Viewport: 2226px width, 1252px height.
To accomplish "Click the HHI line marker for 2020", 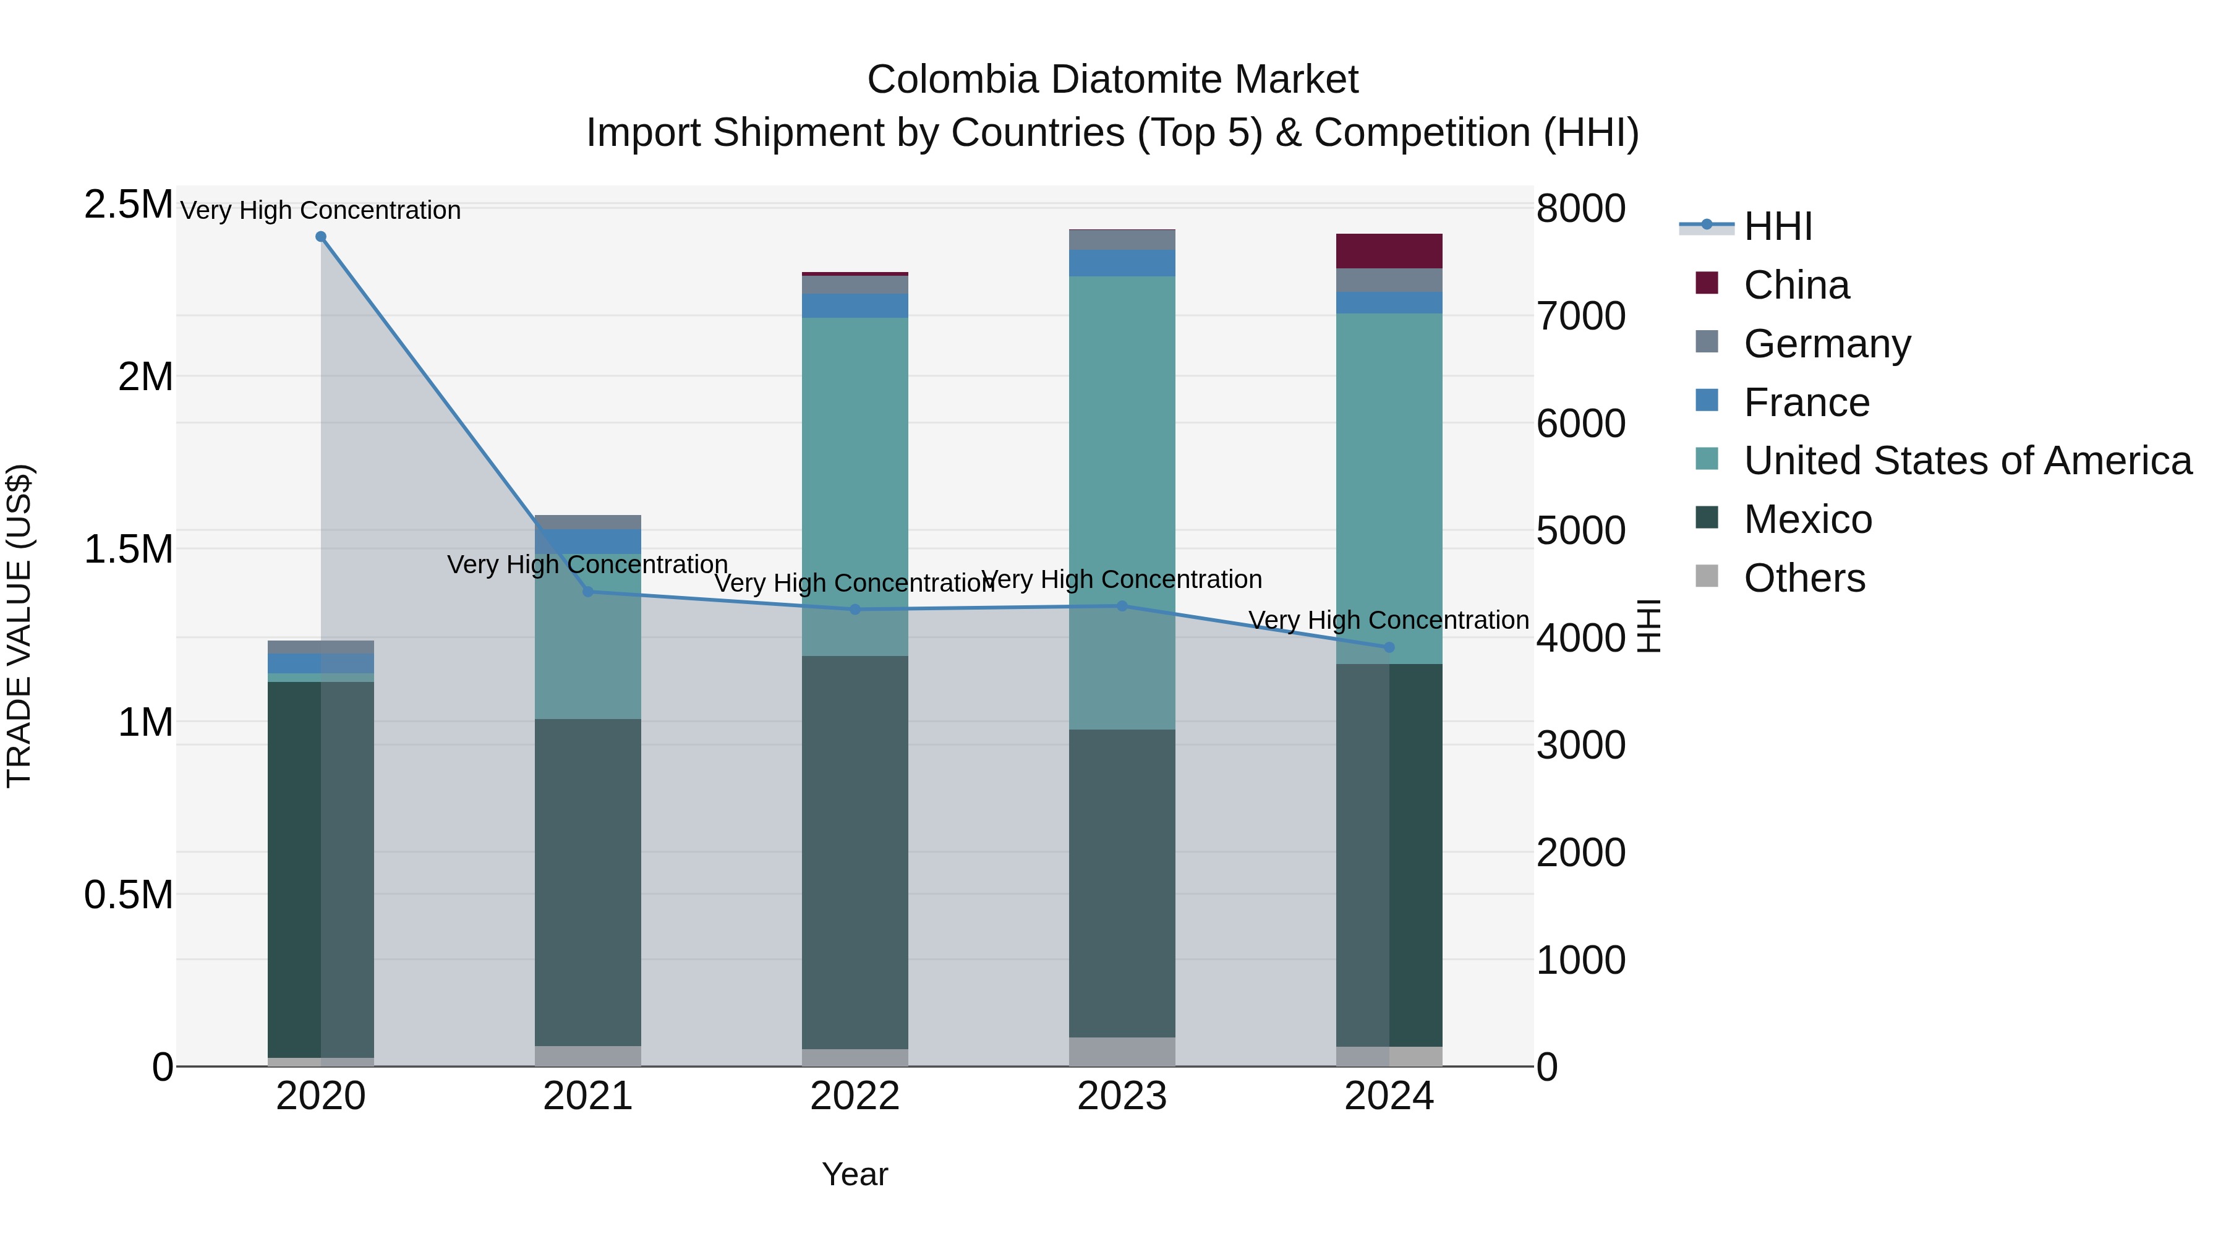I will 320,237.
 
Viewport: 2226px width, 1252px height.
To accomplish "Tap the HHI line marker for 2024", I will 1389,647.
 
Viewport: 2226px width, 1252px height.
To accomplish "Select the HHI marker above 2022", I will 855,609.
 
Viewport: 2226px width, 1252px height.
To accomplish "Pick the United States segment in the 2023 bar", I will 1122,501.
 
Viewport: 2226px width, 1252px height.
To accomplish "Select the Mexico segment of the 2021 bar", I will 587,881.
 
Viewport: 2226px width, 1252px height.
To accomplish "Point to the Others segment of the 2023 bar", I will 1122,1052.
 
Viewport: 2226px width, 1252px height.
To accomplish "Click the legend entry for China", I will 1796,285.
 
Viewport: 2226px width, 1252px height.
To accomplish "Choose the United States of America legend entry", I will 1967,461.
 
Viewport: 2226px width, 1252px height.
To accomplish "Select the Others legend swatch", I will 1707,576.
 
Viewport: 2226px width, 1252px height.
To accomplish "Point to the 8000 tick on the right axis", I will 1580,208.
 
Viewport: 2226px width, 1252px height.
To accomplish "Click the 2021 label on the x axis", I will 587,1096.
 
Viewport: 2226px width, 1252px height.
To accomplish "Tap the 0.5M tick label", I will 128,894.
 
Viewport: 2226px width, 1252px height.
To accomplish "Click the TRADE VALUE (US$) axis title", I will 19,626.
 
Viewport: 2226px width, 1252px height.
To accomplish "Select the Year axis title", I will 855,1174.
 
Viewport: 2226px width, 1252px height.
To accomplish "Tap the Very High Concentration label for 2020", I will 320,210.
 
